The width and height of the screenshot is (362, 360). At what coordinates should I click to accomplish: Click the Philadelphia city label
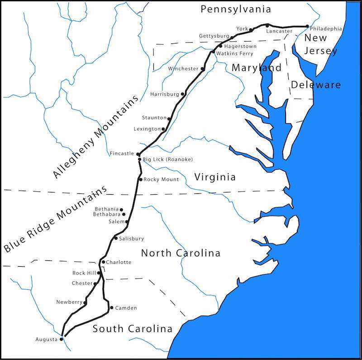coord(326,29)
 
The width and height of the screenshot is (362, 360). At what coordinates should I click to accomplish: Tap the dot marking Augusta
coord(62,339)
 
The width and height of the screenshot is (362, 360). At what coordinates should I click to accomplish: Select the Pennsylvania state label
coord(236,9)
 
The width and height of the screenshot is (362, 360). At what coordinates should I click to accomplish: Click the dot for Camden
coord(111,307)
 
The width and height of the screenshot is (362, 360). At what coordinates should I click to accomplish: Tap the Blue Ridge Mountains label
coord(57,219)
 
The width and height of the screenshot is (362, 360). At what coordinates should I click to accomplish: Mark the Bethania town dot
coord(121,210)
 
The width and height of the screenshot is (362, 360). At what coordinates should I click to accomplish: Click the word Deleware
coord(316,85)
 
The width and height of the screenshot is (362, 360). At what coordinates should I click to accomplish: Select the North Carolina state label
coord(181,253)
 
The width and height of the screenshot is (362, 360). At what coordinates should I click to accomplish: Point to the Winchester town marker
coord(203,69)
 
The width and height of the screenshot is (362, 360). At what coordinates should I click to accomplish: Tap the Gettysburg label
coord(214,36)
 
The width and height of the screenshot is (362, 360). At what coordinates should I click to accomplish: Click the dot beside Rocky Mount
coord(141,180)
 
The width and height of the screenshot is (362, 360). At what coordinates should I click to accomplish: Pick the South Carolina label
coord(133,329)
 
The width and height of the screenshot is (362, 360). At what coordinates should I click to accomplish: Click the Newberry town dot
coord(85,302)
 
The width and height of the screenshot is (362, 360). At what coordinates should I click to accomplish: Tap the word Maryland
coord(257,68)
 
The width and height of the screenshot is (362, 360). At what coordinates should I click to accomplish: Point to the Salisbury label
coord(131,239)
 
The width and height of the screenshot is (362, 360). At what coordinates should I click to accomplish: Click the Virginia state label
coord(215,177)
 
